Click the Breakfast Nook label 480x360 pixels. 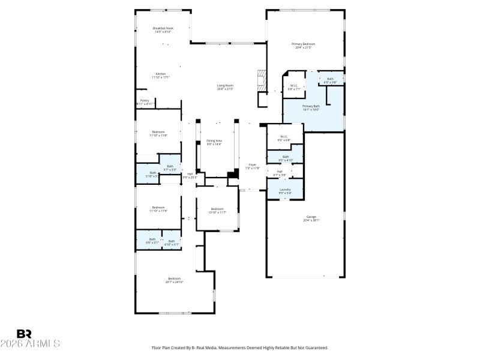tap(162, 28)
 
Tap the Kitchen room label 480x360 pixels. tap(160, 74)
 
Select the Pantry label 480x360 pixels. tap(145, 100)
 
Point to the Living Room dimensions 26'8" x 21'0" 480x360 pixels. tap(225, 89)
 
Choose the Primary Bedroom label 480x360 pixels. tap(304, 44)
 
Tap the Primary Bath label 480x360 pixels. tap(311, 106)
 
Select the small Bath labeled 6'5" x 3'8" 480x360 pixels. tap(330, 79)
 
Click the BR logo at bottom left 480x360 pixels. tap(24, 333)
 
